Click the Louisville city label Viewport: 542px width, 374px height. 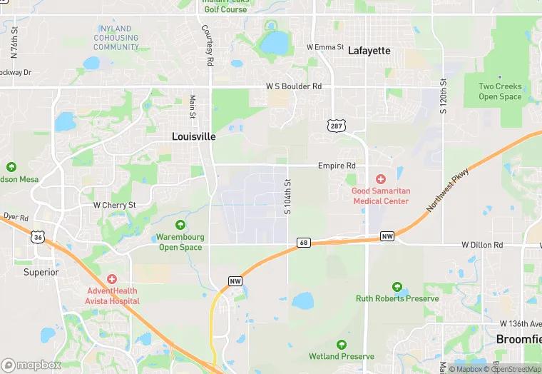(x=194, y=136)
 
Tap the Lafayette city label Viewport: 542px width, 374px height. (x=369, y=51)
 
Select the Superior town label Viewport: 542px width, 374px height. (x=41, y=272)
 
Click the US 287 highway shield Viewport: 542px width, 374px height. (x=337, y=126)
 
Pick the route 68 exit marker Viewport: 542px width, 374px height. (x=303, y=243)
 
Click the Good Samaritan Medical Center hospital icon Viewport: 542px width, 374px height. (x=381, y=178)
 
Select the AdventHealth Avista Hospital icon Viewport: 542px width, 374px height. (x=111, y=279)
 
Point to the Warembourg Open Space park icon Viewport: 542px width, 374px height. (x=180, y=225)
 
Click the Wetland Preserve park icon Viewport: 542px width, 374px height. (x=342, y=345)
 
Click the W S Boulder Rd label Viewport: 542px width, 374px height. (x=294, y=86)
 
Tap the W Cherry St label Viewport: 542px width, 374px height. (x=114, y=205)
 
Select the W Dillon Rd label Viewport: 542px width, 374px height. (x=482, y=245)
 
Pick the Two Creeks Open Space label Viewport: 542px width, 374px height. (x=500, y=92)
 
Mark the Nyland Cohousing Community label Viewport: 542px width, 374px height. (x=116, y=38)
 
